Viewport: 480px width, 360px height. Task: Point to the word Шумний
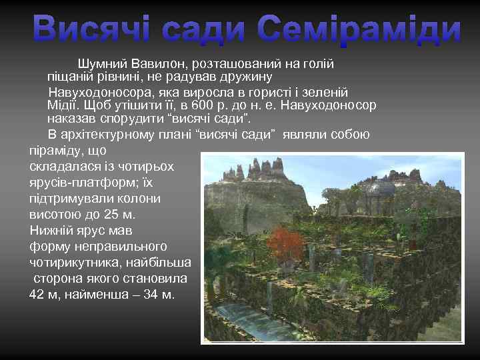(101, 65)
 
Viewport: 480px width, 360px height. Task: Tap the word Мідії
(64, 105)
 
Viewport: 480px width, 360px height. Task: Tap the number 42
(37, 294)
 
